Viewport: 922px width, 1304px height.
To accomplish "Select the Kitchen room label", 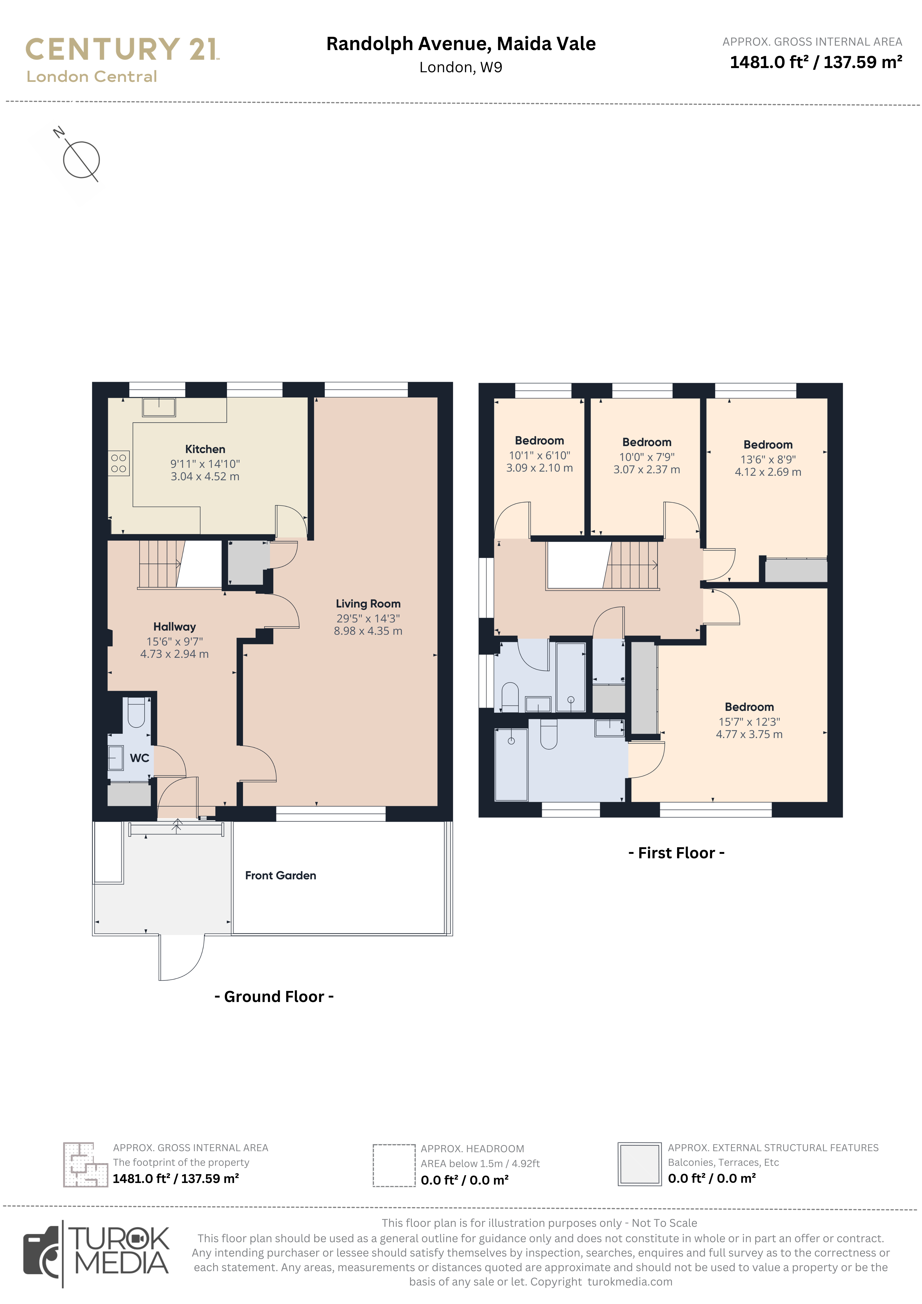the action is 205,449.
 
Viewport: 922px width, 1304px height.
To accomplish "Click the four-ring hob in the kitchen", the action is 119,463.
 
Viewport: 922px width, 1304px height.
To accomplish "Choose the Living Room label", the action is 368,604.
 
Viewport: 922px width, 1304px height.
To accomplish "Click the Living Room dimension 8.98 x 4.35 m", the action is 368,631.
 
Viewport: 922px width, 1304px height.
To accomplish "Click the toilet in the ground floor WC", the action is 136,712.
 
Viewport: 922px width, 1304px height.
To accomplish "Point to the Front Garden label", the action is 281,875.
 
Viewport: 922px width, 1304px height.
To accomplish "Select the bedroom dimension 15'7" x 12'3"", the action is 749,722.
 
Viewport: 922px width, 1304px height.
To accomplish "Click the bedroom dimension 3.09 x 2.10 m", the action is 540,468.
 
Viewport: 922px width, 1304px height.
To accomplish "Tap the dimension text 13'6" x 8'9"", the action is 768,460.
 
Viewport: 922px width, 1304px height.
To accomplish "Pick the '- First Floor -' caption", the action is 677,853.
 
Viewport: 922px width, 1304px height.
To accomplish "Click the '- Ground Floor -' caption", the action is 274,997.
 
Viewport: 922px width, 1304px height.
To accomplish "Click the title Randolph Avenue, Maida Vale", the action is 461,44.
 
